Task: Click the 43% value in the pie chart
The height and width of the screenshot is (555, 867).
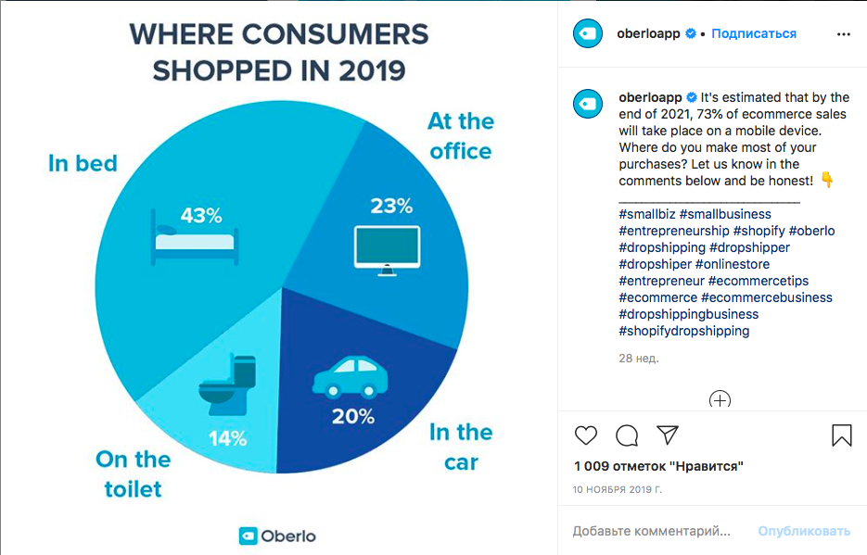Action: click(x=201, y=216)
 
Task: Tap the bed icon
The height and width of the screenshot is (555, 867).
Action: click(x=194, y=241)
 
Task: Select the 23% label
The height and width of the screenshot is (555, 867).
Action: click(x=390, y=206)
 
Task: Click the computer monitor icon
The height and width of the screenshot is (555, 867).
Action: click(x=387, y=249)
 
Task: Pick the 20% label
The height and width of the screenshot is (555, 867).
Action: click(x=352, y=417)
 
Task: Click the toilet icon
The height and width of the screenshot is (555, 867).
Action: click(x=228, y=385)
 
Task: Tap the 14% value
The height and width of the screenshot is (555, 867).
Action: click(x=227, y=436)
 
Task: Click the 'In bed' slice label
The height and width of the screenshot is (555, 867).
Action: click(x=83, y=164)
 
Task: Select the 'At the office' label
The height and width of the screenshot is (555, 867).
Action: click(x=460, y=136)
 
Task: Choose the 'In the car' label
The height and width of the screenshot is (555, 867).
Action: click(x=460, y=447)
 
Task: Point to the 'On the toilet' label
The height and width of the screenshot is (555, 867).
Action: click(x=133, y=473)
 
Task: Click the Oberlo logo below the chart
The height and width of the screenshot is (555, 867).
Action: click(x=278, y=536)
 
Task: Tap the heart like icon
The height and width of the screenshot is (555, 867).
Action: click(x=586, y=435)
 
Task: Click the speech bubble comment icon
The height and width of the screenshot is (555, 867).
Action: click(x=627, y=435)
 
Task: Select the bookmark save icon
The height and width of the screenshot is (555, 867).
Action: click(x=841, y=435)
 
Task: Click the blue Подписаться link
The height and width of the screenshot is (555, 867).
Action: click(x=754, y=33)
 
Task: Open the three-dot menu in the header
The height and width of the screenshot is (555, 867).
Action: click(x=843, y=34)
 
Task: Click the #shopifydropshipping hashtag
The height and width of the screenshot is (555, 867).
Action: click(x=684, y=331)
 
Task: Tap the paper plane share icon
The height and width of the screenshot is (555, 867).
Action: click(x=668, y=435)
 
